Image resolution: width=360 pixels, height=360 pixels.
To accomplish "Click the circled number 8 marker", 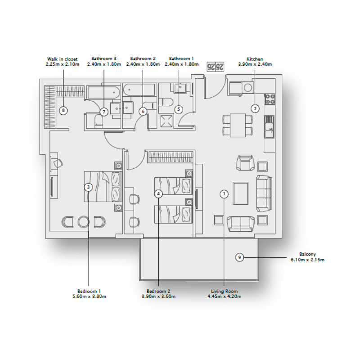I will click(x=63, y=110).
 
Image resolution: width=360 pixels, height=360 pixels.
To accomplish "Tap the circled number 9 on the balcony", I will click(x=240, y=257).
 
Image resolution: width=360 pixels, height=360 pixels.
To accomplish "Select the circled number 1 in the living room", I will click(x=224, y=194).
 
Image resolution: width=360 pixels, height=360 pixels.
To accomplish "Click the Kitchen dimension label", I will click(x=255, y=62).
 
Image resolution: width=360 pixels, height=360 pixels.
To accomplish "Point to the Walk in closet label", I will click(x=62, y=62).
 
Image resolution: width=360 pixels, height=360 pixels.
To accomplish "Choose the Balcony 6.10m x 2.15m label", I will click(x=307, y=257).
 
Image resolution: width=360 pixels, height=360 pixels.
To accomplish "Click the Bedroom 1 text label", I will click(x=90, y=293).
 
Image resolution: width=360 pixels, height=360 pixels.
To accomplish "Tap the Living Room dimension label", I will click(x=224, y=293).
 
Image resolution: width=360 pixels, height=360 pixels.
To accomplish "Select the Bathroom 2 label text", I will click(x=143, y=61).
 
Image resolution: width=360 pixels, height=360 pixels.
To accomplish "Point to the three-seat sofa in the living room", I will click(x=264, y=193).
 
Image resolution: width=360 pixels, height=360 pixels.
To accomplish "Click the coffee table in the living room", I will click(x=241, y=193).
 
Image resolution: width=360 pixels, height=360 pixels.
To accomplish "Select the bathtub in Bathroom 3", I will click(x=103, y=93).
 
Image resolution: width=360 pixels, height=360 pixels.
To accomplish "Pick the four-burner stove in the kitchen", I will click(x=269, y=99).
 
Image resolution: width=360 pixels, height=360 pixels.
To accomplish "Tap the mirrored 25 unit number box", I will click(x=215, y=67).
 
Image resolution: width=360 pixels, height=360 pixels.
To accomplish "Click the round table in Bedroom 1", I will click(x=84, y=221).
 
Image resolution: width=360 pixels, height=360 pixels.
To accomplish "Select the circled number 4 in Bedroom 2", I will click(x=158, y=194).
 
